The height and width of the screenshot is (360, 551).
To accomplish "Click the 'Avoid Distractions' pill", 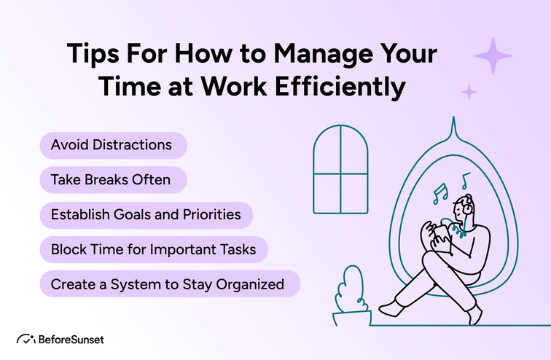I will click(x=112, y=145).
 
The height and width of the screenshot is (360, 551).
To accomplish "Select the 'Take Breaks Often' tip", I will click(x=110, y=179).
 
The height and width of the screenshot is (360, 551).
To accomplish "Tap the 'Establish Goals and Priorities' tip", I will click(x=146, y=215).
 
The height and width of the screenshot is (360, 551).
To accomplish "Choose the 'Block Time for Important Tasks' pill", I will click(x=153, y=249).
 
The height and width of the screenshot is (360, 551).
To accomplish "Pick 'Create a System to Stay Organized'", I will click(x=168, y=283).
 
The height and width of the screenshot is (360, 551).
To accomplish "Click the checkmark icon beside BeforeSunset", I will click(x=27, y=340).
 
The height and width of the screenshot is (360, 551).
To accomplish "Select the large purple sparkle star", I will click(x=493, y=57).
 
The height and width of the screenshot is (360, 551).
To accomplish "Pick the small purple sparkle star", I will click(x=469, y=91).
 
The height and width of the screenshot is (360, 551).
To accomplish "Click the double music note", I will click(x=439, y=194).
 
